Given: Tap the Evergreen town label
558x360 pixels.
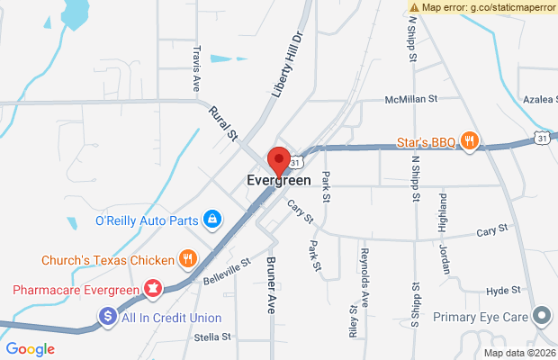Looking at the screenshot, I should pos(279,180).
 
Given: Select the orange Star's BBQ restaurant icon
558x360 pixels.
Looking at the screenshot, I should pos(469,140).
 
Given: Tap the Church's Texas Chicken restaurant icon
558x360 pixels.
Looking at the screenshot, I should pos(187,260).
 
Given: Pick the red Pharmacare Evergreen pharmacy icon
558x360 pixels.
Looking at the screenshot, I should pos(153,290).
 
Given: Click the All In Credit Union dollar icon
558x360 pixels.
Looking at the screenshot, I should pos(107,317).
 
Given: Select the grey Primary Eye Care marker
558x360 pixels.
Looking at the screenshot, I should pos(542,317).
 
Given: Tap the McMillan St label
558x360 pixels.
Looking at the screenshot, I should pos(410,99).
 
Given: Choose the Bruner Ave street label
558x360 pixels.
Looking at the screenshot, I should pos(270,286).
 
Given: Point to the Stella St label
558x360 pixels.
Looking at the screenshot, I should pos(212,337).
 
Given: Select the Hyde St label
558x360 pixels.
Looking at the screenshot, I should pos(503,290).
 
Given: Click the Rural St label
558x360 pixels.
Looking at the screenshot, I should pos(221,124).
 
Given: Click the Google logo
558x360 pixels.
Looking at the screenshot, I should pos(30,349).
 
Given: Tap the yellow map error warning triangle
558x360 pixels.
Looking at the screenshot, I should pos(413,7).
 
